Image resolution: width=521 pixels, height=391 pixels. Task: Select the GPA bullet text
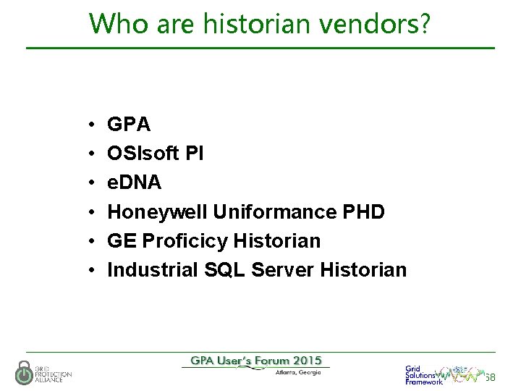tap(129, 125)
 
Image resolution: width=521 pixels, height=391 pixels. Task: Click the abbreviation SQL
tap(221, 269)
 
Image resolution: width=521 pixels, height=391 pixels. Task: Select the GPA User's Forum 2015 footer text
tap(256, 361)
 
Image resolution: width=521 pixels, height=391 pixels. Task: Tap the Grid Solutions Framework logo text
tap(423, 374)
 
